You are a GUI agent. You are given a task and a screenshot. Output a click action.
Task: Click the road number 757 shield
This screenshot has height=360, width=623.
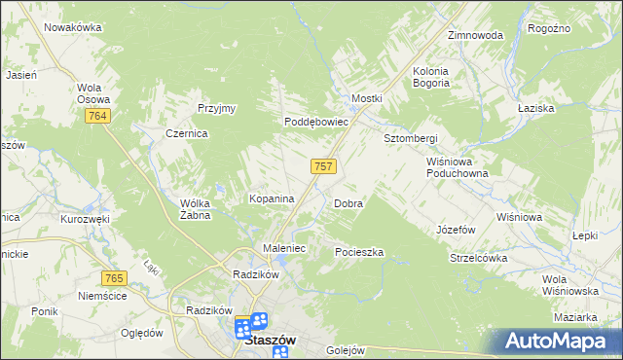coord(324,166)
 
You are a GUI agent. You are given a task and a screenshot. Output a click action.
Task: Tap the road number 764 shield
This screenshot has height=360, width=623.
coord(95,117)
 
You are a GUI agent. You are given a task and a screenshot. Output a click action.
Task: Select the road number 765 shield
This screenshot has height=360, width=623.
coord(116,279)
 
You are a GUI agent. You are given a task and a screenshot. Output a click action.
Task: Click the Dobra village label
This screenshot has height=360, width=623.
coord(348,204)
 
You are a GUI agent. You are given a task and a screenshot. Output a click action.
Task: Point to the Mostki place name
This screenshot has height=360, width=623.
coord(367,99)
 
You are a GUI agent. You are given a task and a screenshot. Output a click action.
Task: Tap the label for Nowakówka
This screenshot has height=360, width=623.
coord(73,27)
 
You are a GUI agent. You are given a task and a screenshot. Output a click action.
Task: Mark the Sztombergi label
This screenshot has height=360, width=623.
coord(411,138)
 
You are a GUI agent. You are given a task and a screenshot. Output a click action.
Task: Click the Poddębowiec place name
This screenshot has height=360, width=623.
coord(316,123)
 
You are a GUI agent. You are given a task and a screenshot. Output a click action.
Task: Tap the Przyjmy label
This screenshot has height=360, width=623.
coord(217,108)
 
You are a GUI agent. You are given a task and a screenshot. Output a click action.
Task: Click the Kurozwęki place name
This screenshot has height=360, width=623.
coord(85,220)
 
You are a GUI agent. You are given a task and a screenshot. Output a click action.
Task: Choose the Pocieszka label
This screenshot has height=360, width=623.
coord(359,252)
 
